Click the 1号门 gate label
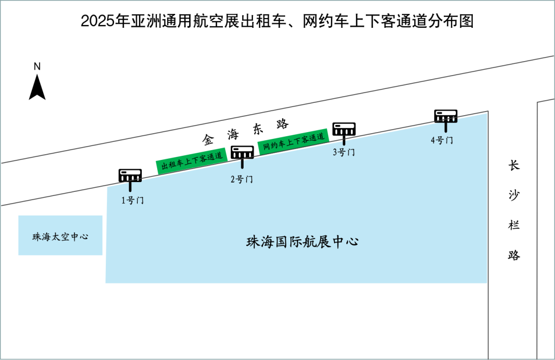point(133,201)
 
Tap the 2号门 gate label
point(242,179)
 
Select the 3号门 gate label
point(344,152)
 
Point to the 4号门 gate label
point(442,140)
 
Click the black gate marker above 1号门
point(131,186)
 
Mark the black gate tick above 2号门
point(242,164)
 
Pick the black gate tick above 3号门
point(344,142)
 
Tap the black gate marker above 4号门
point(446,126)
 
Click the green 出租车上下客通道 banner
point(192,160)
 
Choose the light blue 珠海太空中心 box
point(61,236)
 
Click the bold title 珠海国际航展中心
point(302,242)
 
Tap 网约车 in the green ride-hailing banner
point(273,146)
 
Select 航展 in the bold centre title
point(316,242)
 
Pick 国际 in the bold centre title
point(288,242)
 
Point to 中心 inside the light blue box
point(79,237)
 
